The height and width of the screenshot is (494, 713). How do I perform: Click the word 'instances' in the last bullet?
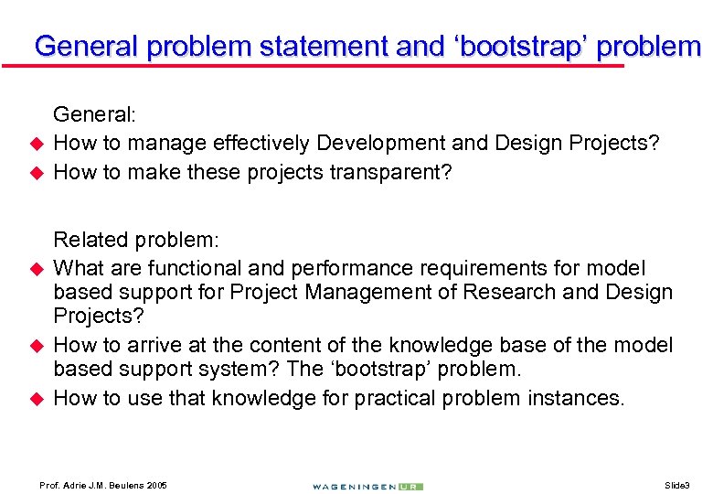coord(578,398)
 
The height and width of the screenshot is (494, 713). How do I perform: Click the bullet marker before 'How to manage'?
coord(37,145)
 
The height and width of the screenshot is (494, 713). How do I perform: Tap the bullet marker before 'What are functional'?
coord(37,269)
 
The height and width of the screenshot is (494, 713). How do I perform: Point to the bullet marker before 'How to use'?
coord(37,399)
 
